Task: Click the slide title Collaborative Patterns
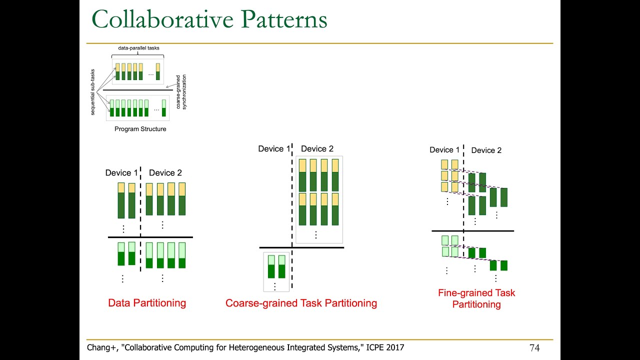pos(209,20)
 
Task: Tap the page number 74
pos(534,347)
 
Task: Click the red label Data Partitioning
pos(147,303)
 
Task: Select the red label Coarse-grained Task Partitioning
pos(301,303)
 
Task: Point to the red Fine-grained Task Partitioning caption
pos(476,298)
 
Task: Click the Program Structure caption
pos(140,129)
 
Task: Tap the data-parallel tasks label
pos(138,48)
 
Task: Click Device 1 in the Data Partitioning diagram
pos(121,173)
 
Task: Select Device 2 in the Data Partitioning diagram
pos(165,173)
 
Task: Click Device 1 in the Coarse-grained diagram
pos(274,148)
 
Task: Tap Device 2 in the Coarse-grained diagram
pos(317,148)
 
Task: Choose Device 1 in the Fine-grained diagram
pos(444,150)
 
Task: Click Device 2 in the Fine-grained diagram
pos(486,150)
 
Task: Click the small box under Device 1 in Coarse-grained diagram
pos(276,271)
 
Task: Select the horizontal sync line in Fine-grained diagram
pos(472,230)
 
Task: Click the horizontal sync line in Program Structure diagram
pos(137,90)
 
